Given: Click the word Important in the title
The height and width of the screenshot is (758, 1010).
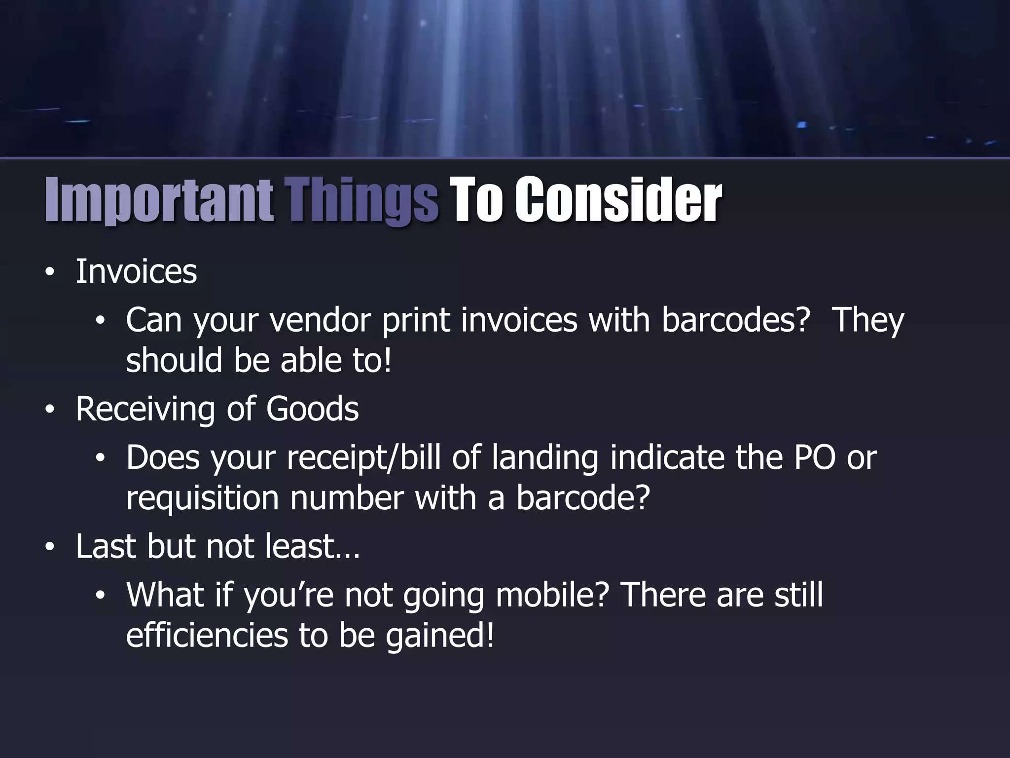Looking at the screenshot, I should [159, 200].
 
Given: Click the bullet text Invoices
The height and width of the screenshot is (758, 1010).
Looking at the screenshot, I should [136, 272].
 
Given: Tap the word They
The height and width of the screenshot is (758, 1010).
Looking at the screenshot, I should [867, 320].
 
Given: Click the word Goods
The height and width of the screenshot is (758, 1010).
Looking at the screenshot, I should [312, 410].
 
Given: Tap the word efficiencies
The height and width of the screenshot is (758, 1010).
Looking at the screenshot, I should [207, 636].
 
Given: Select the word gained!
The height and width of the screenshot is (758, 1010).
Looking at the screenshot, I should [439, 636].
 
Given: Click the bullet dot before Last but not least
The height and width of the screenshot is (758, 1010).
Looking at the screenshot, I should [49, 548].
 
